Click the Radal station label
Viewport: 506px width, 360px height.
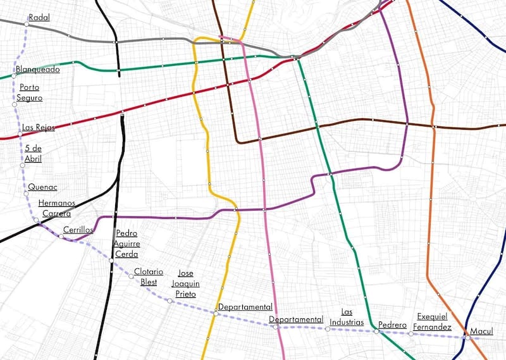(x=39, y=18)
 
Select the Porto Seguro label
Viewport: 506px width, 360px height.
(x=31, y=92)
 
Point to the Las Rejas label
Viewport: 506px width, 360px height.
(x=38, y=127)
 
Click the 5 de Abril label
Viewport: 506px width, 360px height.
(x=33, y=153)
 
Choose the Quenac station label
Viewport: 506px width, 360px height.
(x=43, y=187)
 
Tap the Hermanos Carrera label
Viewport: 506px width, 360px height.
(x=57, y=208)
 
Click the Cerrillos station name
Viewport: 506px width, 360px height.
(x=78, y=230)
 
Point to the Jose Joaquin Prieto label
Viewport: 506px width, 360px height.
(x=185, y=283)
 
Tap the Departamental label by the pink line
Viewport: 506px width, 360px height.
(x=296, y=320)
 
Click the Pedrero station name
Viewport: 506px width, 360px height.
(x=392, y=325)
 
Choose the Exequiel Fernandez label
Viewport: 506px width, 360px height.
(x=433, y=321)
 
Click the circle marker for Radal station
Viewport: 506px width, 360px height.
(x=27, y=24)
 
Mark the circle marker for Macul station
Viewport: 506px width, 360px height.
(x=465, y=337)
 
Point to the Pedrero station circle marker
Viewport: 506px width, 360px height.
(x=376, y=331)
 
